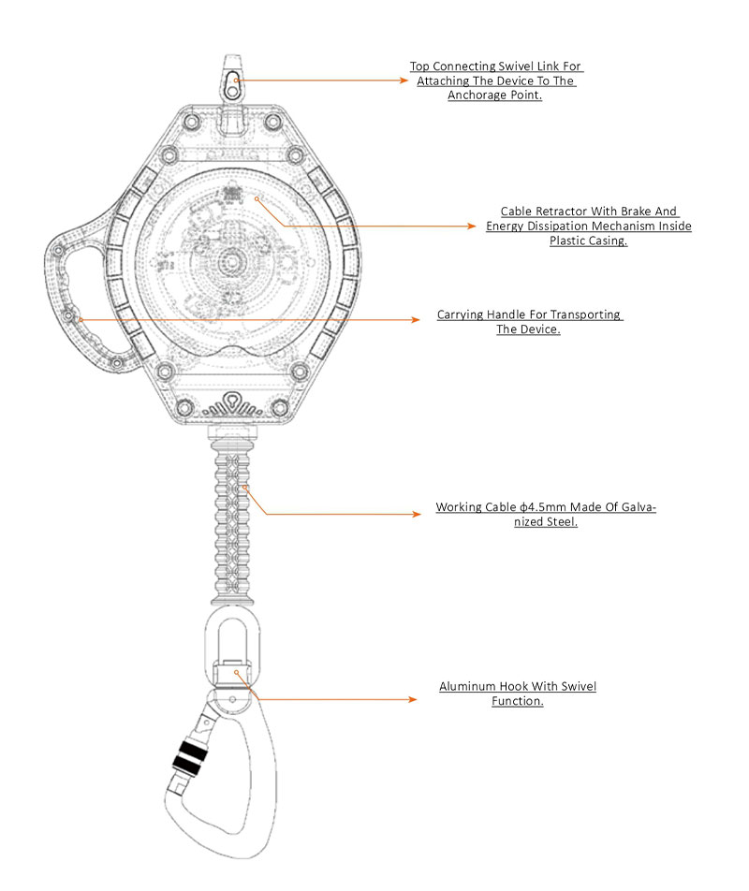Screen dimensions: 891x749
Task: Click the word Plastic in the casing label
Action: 566,241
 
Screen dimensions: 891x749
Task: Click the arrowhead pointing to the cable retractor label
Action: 473,226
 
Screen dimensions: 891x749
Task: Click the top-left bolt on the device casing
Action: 190,123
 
